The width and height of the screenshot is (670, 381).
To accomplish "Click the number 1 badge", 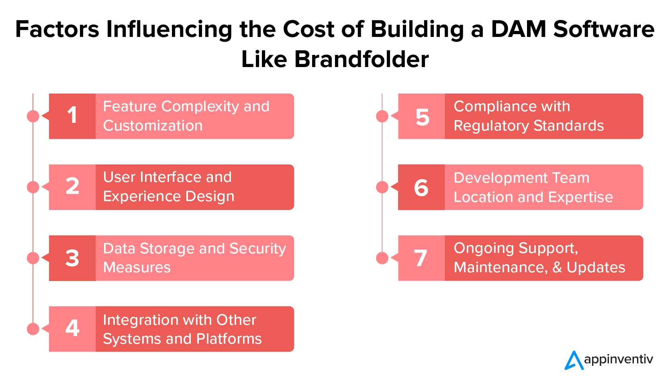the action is click(72, 116).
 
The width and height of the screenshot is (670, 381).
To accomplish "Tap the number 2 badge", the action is click(72, 187).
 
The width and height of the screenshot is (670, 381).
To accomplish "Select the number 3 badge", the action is click(72, 258).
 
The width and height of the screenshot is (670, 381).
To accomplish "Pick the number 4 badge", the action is click(72, 329).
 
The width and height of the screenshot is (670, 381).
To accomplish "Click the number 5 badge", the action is click(421, 116).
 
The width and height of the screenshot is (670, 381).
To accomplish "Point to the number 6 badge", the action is click(421, 187).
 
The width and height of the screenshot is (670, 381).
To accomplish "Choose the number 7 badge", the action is click(421, 258).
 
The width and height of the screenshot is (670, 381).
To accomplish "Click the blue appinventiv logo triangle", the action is click(574, 361).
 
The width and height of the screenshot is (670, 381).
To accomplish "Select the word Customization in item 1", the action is click(153, 126).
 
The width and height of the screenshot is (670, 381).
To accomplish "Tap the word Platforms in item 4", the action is click(229, 339).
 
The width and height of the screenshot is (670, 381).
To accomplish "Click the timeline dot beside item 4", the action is click(33, 329).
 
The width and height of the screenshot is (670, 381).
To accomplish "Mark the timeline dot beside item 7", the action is click(382, 258).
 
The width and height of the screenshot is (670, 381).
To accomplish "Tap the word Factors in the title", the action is click(57, 29).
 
